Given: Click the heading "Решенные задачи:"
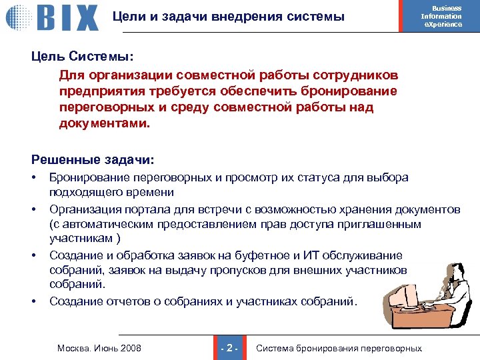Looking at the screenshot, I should (93, 160).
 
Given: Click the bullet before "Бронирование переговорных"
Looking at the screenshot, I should (33, 178).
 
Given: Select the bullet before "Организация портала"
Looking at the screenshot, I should (33, 210).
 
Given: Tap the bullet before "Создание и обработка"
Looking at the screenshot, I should (33, 256).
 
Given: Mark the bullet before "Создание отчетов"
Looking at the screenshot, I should (33, 301).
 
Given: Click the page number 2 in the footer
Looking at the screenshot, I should (229, 348).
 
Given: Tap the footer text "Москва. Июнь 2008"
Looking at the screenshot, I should (99, 348).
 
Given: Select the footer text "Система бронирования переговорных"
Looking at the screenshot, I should (339, 348).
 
